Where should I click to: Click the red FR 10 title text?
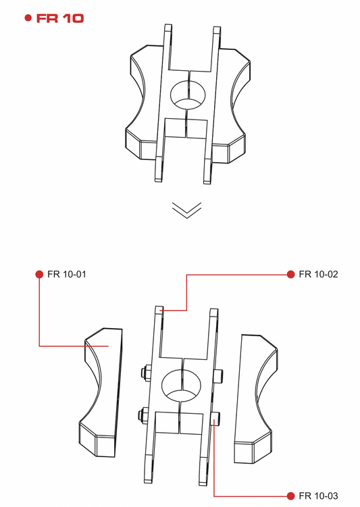[x=60, y=18]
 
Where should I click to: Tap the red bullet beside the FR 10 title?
[x=28, y=18]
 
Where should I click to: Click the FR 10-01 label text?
[x=67, y=274]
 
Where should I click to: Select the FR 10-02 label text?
[x=319, y=274]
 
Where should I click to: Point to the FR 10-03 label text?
[x=319, y=496]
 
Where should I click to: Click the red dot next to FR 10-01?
[x=39, y=274]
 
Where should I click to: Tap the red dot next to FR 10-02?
[x=291, y=274]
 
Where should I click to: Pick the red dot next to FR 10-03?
[x=291, y=496]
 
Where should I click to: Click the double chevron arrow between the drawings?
[x=187, y=210]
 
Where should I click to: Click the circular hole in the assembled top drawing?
[x=188, y=95]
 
